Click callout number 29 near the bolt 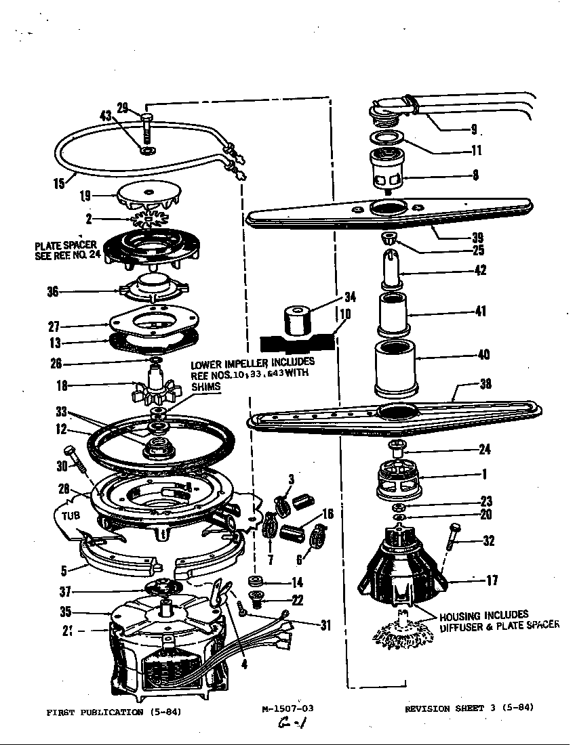pyautogui.click(x=122, y=107)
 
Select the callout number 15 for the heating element pyautogui.click(x=60, y=183)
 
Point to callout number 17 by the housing pyautogui.click(x=492, y=580)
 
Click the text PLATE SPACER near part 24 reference pyautogui.click(x=66, y=245)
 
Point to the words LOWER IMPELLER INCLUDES pyautogui.click(x=252, y=363)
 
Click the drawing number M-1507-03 pyautogui.click(x=287, y=708)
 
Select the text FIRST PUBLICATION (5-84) pyautogui.click(x=114, y=712)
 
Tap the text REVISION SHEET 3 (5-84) pyautogui.click(x=469, y=708)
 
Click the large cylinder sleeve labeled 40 pyautogui.click(x=393, y=371)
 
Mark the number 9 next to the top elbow pyautogui.click(x=473, y=129)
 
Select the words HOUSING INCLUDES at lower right pyautogui.click(x=483, y=616)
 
